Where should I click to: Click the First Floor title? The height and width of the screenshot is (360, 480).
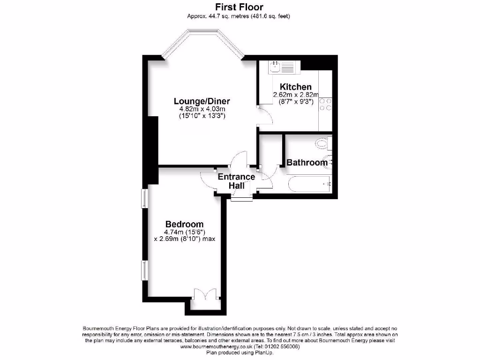[239, 7]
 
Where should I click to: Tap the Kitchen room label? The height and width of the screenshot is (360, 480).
[295, 87]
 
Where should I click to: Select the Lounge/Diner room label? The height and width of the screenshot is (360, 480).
[202, 101]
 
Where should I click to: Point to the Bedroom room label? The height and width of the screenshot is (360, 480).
[184, 224]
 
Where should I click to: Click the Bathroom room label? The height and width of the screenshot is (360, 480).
[307, 163]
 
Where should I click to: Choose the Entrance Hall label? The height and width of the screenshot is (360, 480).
[237, 181]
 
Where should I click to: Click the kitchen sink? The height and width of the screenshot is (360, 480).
[280, 67]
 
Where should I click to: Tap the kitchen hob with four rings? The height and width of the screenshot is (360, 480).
[326, 105]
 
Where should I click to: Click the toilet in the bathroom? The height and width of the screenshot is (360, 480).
[323, 143]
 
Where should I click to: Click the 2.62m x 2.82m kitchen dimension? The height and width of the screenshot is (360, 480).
[295, 95]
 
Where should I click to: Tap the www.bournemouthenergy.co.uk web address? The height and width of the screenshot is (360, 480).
[216, 347]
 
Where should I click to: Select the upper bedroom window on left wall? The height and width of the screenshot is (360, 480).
[144, 198]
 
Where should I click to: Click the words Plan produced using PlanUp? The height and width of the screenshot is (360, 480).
[240, 352]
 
